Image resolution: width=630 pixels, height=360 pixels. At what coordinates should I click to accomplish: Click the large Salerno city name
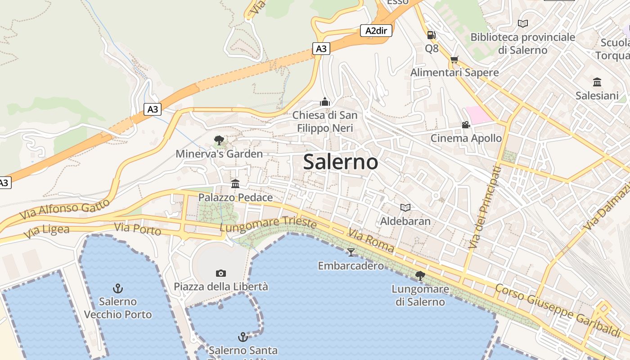pyautogui.click(x=340, y=162)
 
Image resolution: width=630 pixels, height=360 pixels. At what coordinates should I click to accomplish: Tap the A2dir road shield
pyautogui.click(x=376, y=31)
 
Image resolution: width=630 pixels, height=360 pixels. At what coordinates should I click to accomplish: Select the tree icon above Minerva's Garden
pyautogui.click(x=219, y=140)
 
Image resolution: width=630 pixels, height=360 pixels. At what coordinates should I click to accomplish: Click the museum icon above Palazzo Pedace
pyautogui.click(x=235, y=184)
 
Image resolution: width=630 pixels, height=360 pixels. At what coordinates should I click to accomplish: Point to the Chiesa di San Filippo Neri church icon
pyautogui.click(x=325, y=102)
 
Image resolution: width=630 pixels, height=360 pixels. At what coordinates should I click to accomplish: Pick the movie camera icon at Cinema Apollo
pyautogui.click(x=466, y=125)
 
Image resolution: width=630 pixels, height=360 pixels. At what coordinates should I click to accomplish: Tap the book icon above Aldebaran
pyautogui.click(x=405, y=207)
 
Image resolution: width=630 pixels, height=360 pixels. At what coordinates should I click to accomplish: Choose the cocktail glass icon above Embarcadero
pyautogui.click(x=351, y=252)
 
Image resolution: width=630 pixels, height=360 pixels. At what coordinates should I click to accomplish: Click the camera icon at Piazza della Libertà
pyautogui.click(x=220, y=273)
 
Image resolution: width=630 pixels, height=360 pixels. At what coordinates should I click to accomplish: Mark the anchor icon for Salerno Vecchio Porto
pyautogui.click(x=118, y=288)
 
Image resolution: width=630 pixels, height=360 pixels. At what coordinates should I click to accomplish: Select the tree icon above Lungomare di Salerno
pyautogui.click(x=420, y=275)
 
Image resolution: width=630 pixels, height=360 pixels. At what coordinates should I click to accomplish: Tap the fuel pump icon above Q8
pyautogui.click(x=431, y=35)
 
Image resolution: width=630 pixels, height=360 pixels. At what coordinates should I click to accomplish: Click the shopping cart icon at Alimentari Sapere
pyautogui.click(x=454, y=59)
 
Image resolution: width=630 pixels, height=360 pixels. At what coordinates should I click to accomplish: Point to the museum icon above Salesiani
pyautogui.click(x=597, y=82)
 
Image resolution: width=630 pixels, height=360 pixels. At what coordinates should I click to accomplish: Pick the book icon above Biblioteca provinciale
pyautogui.click(x=522, y=23)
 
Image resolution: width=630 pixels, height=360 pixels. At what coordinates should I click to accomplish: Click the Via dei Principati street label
pyautogui.click(x=484, y=207)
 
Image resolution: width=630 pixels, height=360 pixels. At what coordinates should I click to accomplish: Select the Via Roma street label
pyautogui.click(x=371, y=240)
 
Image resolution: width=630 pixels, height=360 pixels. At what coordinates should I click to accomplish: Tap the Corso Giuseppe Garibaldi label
pyautogui.click(x=558, y=310)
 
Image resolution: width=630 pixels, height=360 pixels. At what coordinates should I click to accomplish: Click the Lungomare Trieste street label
pyautogui.click(x=268, y=224)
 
